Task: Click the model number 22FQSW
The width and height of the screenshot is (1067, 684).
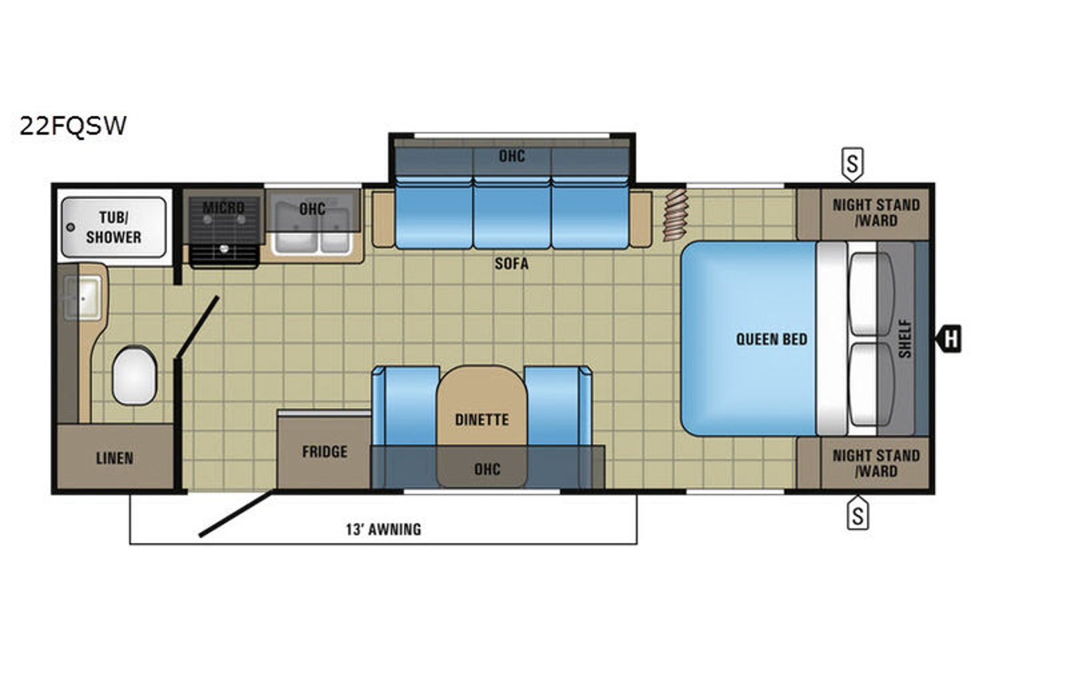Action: click(x=73, y=126)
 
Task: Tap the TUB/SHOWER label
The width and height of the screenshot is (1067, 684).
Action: click(x=113, y=228)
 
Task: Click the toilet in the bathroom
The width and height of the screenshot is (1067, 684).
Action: click(x=134, y=376)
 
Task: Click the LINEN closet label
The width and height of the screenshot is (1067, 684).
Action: click(x=115, y=458)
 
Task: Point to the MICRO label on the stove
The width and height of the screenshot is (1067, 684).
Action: click(x=223, y=208)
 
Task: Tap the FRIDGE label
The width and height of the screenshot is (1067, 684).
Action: click(x=324, y=451)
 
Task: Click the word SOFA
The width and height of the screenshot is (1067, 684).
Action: click(x=511, y=264)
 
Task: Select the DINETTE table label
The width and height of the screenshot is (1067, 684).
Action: click(x=482, y=420)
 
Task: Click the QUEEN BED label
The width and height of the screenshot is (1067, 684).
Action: click(x=772, y=340)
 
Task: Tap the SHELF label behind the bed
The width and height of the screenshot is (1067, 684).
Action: click(x=905, y=339)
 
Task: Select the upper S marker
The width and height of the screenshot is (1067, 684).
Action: click(x=853, y=164)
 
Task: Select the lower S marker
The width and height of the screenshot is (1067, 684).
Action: click(x=858, y=513)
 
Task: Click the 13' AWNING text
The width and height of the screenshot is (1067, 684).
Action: click(x=383, y=529)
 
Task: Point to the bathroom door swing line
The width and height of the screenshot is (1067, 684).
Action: click(x=197, y=327)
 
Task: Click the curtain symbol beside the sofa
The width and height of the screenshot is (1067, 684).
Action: click(x=676, y=214)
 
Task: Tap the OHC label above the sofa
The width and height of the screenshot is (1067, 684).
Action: click(x=511, y=156)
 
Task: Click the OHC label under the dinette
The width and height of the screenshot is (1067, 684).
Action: click(x=487, y=469)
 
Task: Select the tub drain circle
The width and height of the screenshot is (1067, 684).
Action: click(x=71, y=228)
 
